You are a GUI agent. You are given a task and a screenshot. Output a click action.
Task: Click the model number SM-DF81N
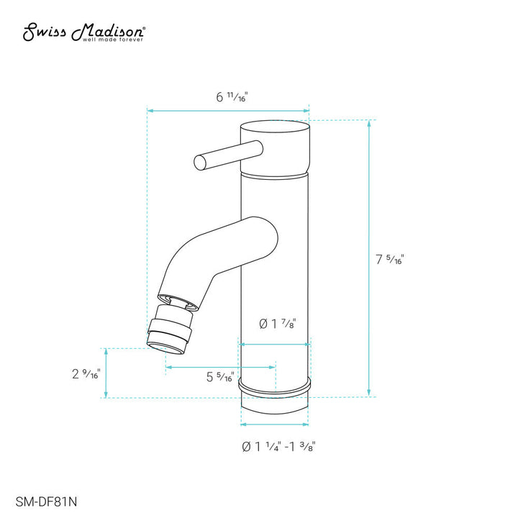42,496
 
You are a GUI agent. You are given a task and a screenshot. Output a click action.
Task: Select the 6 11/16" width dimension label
231,98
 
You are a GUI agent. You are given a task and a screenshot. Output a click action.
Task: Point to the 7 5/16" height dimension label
390,259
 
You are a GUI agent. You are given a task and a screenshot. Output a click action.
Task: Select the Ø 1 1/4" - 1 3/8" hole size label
279,447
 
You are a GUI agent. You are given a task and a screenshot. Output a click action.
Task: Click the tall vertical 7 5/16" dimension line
370,259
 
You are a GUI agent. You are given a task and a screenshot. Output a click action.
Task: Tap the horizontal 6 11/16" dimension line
228,112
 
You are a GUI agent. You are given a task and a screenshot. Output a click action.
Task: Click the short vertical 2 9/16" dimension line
106,373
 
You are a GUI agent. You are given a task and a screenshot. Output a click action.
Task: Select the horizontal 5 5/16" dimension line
220,367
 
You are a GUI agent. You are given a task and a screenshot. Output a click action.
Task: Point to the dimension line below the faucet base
276,424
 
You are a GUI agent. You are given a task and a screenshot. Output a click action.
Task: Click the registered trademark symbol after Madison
147,28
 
